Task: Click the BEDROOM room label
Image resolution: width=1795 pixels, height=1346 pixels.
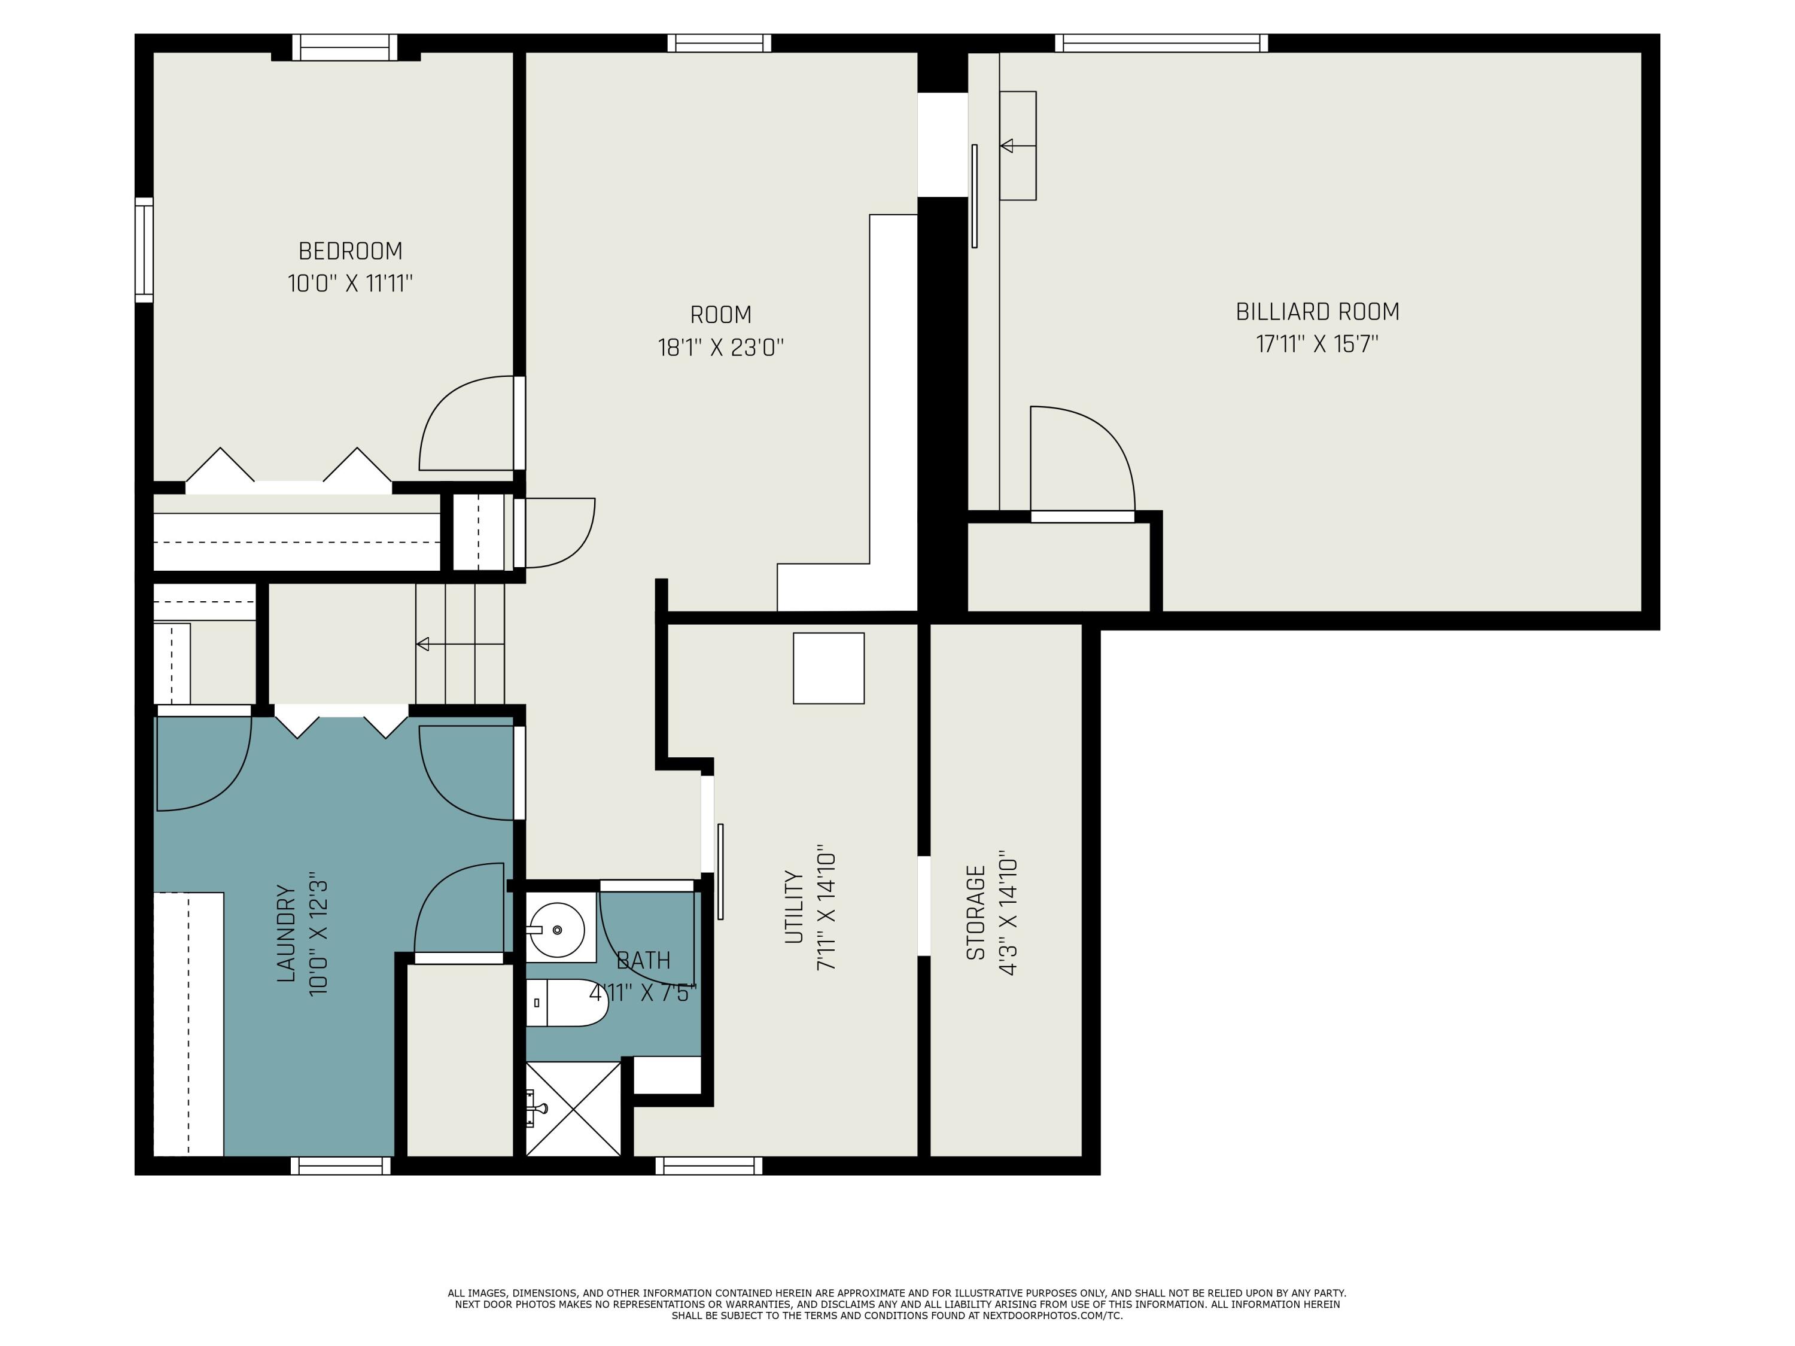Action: (x=351, y=251)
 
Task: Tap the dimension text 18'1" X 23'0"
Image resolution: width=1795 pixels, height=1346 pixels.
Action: (x=720, y=347)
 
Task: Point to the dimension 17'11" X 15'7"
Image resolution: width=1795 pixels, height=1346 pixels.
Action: (x=1317, y=344)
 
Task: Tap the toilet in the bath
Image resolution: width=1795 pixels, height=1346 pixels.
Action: (x=567, y=1003)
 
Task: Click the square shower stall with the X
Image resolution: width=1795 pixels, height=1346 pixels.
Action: (x=573, y=1109)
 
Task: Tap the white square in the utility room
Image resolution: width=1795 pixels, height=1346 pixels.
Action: (x=829, y=668)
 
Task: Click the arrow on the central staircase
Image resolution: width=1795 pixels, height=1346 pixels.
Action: (x=460, y=644)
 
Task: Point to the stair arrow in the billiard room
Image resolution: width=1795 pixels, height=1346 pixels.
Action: (x=1018, y=146)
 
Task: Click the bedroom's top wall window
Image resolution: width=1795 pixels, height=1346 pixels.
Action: (x=345, y=48)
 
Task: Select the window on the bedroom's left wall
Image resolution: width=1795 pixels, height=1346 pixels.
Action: (x=144, y=250)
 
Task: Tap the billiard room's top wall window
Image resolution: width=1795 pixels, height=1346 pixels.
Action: (x=1161, y=43)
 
